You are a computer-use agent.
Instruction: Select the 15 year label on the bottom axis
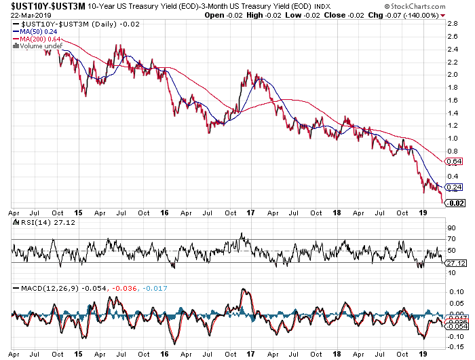click(x=79, y=353)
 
